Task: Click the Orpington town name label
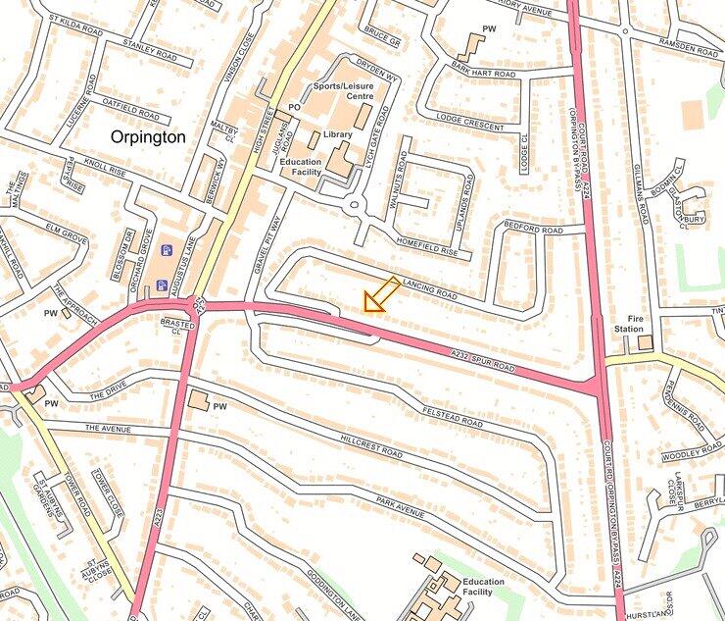148,137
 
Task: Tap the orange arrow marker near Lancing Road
381,294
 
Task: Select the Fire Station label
629,323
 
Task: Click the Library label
336,134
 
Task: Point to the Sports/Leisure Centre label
343,91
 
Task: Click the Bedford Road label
534,230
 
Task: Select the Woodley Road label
692,455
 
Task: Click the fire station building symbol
645,342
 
